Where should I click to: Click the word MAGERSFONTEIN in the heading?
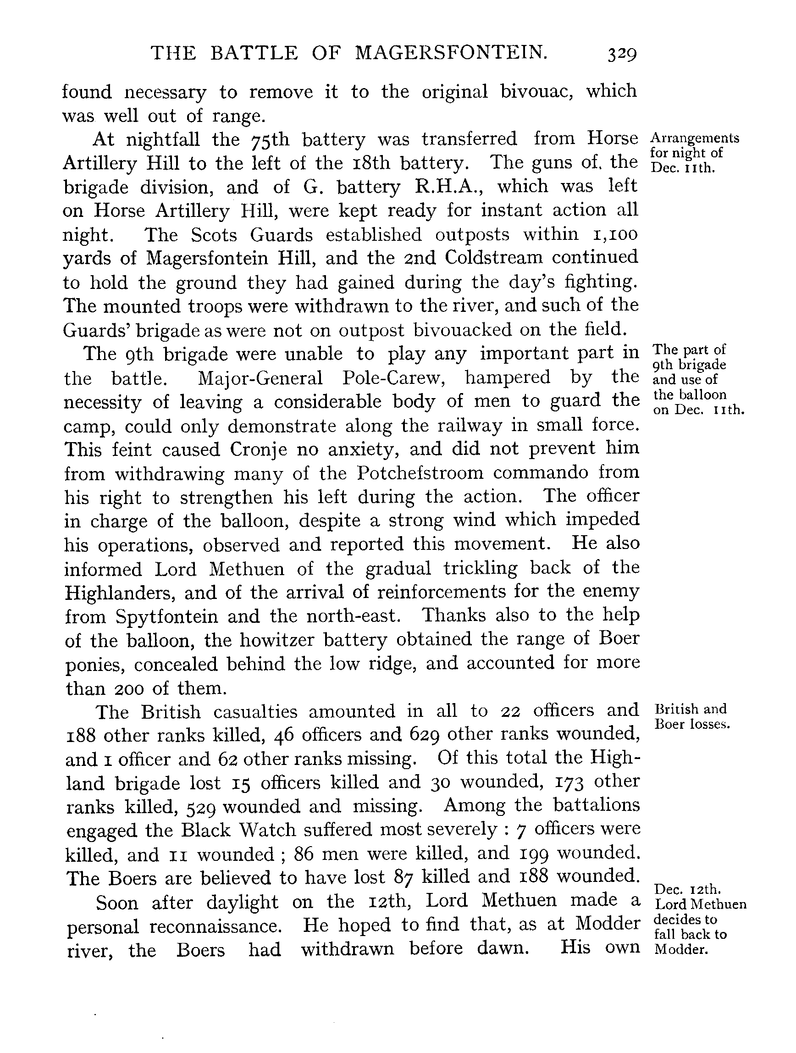pos(451,52)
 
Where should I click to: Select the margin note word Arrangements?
pos(695,138)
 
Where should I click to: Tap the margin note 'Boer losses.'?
pos(692,725)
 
